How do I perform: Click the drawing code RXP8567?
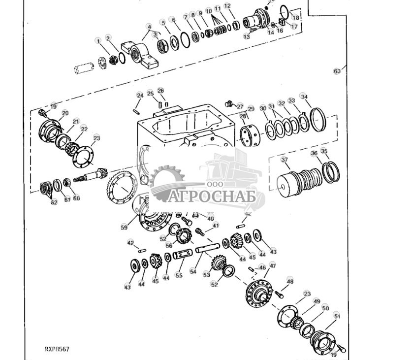coord(57,349)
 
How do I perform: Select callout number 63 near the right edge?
coord(337,71)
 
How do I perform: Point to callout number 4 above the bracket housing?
coord(149,26)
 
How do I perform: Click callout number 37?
coord(285,160)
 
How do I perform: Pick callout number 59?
coord(124,228)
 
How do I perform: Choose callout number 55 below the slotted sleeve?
coord(179,275)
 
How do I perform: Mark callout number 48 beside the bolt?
coord(290,282)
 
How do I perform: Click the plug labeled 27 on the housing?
coord(228,104)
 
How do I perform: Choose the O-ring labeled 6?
coord(185,40)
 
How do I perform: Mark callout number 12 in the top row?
coord(227,6)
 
